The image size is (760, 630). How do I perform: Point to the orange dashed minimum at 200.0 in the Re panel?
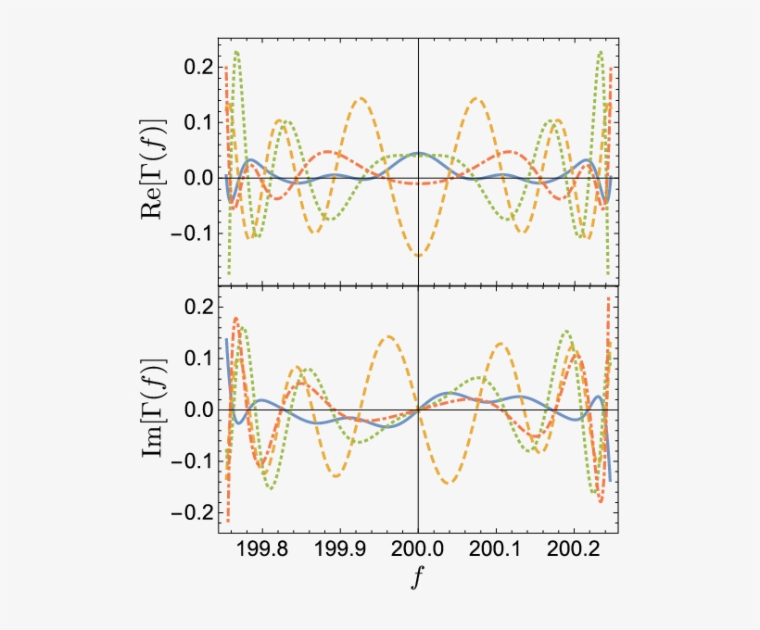tap(418, 255)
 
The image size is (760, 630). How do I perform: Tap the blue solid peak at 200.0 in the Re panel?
tap(418, 153)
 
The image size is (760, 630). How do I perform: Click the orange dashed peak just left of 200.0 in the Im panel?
tap(388, 336)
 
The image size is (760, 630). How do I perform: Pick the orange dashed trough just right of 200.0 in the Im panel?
tap(449, 483)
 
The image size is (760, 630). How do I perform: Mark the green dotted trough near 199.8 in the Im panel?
tap(271, 487)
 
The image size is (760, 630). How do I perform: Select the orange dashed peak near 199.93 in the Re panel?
tap(361, 97)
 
